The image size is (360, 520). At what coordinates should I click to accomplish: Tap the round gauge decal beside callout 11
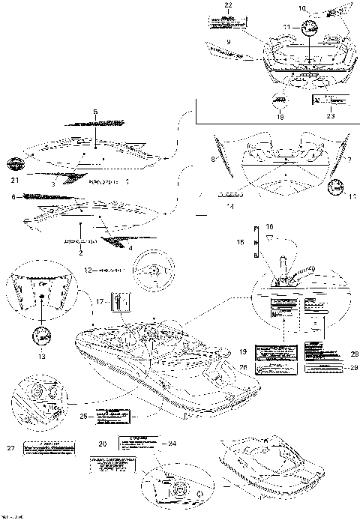click(x=308, y=28)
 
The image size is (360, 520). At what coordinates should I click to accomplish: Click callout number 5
click(x=95, y=112)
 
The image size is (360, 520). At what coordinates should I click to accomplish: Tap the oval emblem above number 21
click(x=14, y=164)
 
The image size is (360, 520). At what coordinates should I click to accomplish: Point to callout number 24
click(x=172, y=443)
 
